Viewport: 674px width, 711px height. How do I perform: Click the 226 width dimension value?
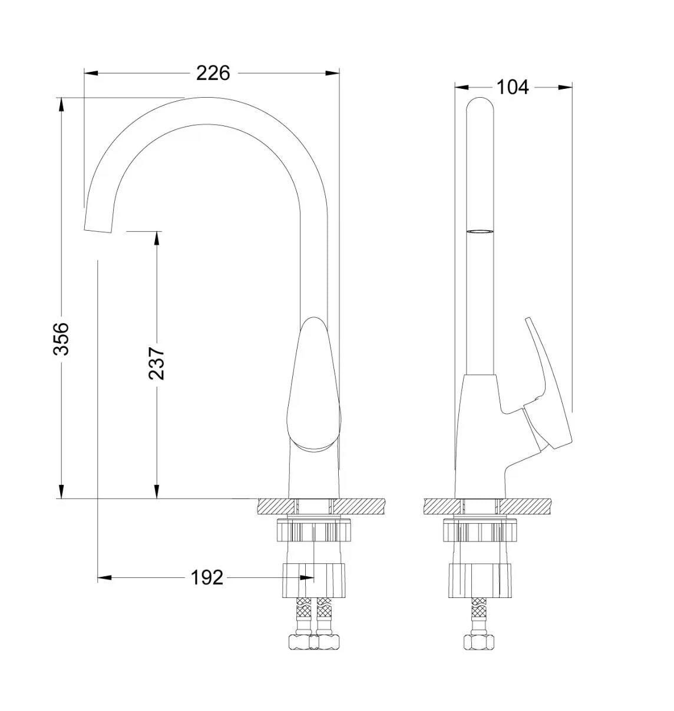click(x=213, y=74)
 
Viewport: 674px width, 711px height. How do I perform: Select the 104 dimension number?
click(x=512, y=87)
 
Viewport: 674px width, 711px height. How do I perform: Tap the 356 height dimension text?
click(x=61, y=338)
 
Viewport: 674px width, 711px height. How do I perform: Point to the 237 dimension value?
click(x=156, y=363)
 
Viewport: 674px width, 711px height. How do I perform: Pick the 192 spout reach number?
click(x=207, y=577)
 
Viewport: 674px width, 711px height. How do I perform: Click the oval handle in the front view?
click(x=313, y=384)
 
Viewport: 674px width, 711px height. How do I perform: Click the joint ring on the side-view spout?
click(x=480, y=231)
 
